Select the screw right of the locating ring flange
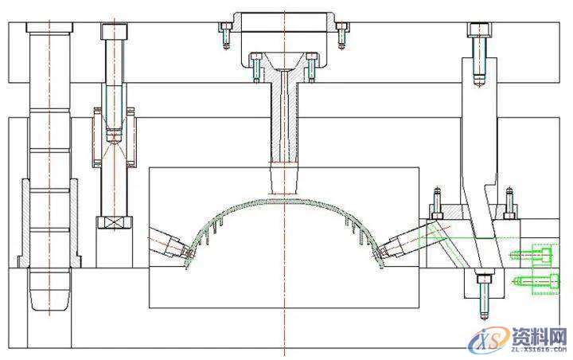point(341,35)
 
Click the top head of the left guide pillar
point(49,27)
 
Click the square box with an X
point(115,222)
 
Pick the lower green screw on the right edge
point(536,281)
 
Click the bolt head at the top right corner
point(479,30)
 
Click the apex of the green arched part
point(285,200)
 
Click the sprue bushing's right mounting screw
point(311,68)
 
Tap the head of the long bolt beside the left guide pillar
point(115,32)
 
